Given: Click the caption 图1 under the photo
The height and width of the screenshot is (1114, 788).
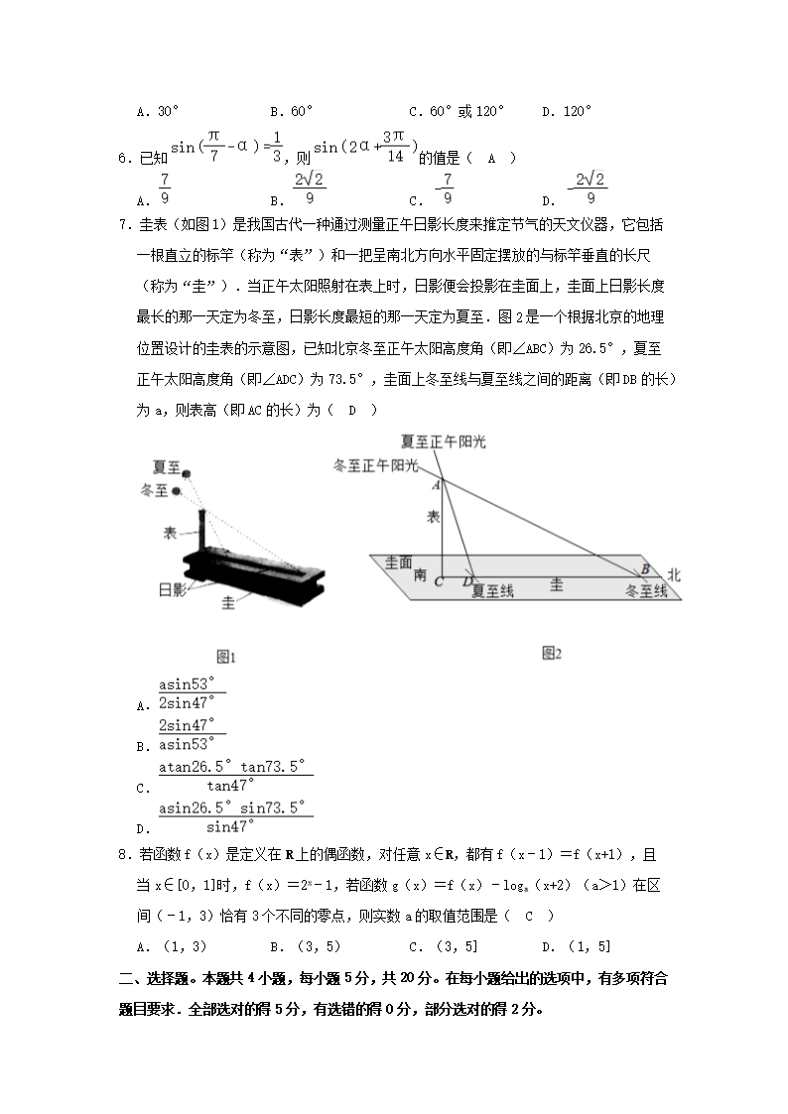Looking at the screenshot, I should click(225, 656).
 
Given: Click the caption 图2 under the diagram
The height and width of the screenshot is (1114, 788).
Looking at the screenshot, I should click(552, 652).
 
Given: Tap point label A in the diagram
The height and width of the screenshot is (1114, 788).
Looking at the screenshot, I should click(436, 485).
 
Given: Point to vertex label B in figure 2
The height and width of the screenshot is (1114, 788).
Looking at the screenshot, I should click(644, 569).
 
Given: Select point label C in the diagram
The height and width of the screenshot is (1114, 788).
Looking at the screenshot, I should click(438, 583).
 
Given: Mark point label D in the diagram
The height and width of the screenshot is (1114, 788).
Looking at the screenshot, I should click(468, 583).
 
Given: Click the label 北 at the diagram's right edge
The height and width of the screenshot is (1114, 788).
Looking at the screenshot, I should click(674, 574).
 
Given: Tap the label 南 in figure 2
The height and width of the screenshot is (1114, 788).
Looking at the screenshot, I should click(420, 574).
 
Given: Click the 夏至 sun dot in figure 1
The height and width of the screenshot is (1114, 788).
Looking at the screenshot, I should click(186, 476).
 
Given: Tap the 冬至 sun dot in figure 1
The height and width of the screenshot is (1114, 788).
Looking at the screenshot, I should click(177, 491).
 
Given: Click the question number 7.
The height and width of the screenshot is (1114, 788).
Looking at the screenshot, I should click(123, 223).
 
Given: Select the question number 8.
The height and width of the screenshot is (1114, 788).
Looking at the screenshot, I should click(123, 854).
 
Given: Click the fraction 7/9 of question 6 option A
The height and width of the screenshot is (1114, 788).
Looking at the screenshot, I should click(165, 187).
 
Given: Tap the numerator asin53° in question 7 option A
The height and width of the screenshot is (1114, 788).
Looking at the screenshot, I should click(193, 683).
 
